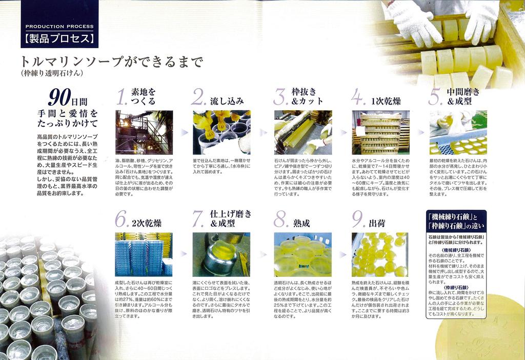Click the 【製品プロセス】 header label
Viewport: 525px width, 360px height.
[x=59, y=38]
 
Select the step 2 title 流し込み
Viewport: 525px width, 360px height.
[x=227, y=101]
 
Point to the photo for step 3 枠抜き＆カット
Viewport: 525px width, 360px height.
[x=303, y=132]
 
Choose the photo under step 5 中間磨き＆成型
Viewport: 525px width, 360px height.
[x=458, y=132]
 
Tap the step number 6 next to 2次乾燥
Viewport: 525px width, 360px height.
[x=121, y=219]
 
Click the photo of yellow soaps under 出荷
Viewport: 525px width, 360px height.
[x=380, y=254]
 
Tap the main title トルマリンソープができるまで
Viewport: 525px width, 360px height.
[x=111, y=62]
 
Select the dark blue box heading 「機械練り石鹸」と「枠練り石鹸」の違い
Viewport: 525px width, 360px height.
[x=456, y=220]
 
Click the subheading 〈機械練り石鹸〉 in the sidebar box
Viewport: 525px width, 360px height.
[x=456, y=249]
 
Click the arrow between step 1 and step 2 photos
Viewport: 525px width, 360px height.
[x=183, y=132]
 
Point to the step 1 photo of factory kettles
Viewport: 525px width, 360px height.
[x=144, y=132]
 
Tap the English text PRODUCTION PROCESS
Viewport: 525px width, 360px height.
[x=59, y=26]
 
